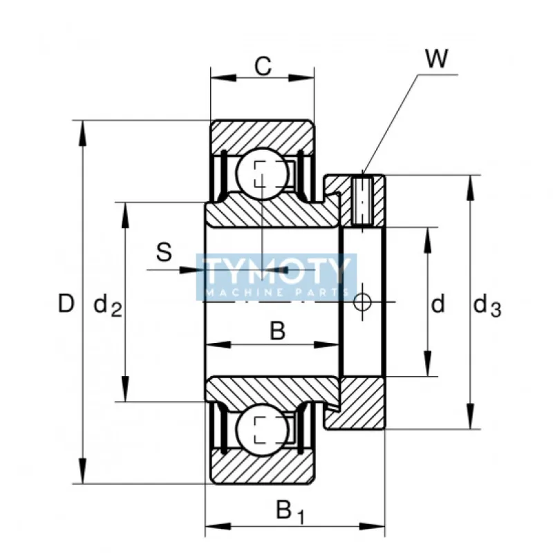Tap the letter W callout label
(x=435, y=59)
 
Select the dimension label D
(x=65, y=303)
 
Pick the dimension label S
(x=164, y=252)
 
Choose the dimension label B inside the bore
(x=276, y=332)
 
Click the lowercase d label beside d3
(x=438, y=303)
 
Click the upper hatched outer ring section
(x=263, y=133)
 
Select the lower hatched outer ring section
(x=263, y=470)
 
